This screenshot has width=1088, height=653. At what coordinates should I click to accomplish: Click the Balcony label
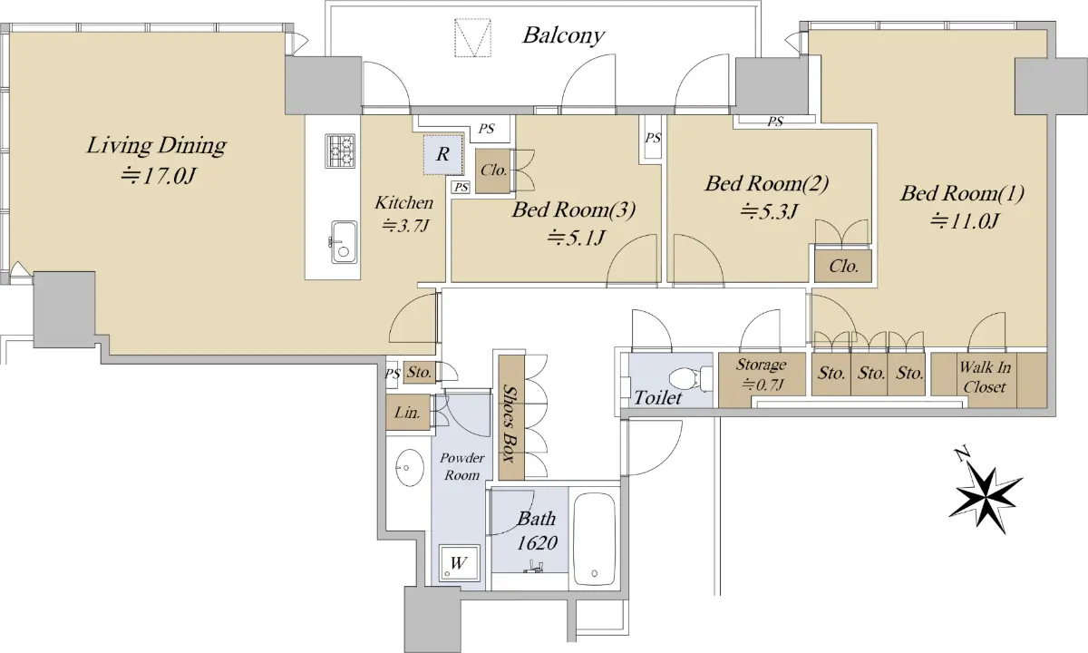tap(563, 35)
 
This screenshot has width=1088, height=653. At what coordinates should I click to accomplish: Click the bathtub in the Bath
tap(595, 540)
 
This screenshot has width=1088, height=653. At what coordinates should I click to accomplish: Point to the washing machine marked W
tap(460, 563)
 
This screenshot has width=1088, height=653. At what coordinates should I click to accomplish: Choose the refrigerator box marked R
tap(443, 154)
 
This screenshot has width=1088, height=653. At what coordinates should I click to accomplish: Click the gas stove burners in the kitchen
tap(340, 151)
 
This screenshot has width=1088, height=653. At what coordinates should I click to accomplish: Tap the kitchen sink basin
tap(345, 242)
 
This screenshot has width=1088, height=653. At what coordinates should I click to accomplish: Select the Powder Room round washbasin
tap(410, 468)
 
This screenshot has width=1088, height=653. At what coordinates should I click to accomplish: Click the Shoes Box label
tap(510, 424)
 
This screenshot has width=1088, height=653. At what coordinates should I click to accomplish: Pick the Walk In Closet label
tap(985, 377)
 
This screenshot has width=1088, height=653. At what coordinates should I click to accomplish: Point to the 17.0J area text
tap(159, 176)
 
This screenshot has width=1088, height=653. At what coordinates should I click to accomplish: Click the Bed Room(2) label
tap(766, 184)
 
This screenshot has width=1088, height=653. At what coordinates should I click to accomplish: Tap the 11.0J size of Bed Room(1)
tap(964, 221)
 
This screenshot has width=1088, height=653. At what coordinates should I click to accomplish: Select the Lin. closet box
tap(408, 412)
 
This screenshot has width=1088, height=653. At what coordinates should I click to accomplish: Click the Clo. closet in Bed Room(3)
tap(493, 171)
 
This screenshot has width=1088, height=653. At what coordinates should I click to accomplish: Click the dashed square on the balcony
tap(472, 38)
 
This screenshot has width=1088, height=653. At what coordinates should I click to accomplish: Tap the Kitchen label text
tap(403, 202)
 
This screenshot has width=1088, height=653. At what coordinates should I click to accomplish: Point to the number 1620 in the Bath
tap(536, 542)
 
